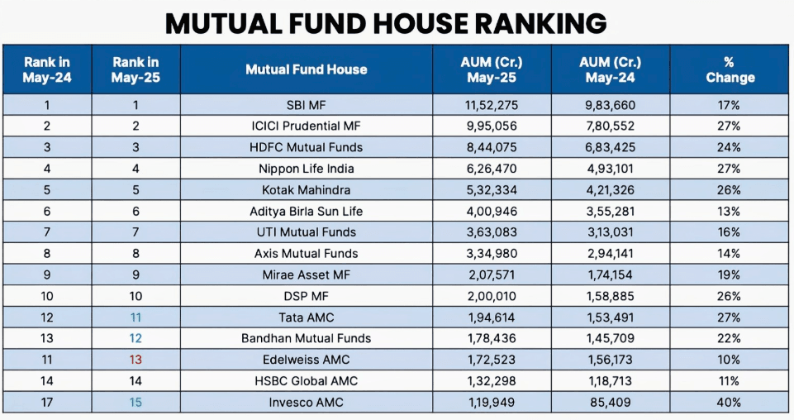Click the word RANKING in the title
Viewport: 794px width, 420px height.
click(522, 22)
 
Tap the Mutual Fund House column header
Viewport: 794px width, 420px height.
click(306, 69)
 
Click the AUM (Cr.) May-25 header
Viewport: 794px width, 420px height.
click(492, 69)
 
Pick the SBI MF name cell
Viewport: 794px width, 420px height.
click(306, 105)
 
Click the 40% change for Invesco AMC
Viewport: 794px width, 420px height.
click(730, 403)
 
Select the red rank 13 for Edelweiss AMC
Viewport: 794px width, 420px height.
click(136, 360)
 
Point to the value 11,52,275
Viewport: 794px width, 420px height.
click(492, 105)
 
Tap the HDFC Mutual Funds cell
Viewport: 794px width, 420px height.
click(306, 147)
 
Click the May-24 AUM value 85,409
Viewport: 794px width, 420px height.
click(611, 403)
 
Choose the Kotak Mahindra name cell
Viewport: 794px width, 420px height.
click(306, 190)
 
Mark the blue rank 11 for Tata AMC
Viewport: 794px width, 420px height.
click(136, 317)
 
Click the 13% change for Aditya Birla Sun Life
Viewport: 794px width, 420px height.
click(730, 211)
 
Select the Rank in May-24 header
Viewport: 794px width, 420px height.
click(47, 69)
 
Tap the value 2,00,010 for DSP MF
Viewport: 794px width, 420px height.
click(492, 296)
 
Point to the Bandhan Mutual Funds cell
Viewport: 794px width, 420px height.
click(306, 338)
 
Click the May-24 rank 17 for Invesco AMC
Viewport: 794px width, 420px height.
click(47, 403)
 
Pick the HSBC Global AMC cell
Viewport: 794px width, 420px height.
click(306, 381)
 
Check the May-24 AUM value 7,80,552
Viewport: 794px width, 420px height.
click(611, 126)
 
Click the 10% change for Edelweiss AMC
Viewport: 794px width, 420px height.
click(730, 360)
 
